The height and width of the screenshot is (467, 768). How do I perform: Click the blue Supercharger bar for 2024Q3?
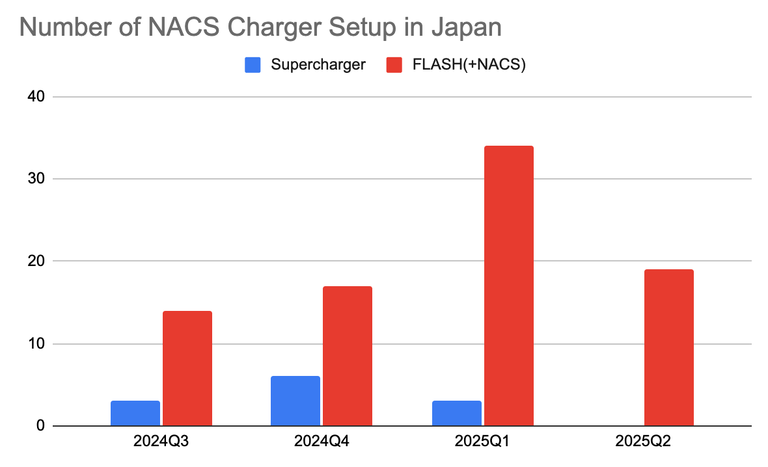click(x=135, y=414)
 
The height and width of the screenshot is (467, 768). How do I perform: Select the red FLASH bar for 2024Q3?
click(x=187, y=369)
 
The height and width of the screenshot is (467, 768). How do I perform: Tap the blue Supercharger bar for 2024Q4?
click(x=295, y=401)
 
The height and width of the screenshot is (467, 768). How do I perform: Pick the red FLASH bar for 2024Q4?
click(x=348, y=356)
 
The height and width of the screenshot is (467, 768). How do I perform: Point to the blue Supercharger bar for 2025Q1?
click(x=456, y=414)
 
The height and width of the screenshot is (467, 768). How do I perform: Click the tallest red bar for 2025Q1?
click(x=508, y=286)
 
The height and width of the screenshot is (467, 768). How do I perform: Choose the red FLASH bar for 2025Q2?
click(x=668, y=348)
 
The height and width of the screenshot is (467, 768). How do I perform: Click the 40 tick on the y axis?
click(x=36, y=97)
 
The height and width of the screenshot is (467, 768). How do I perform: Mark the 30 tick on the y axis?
click(x=36, y=179)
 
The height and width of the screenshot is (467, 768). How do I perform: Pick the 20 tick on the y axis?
click(x=36, y=261)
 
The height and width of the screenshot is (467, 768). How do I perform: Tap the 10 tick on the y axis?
click(x=36, y=344)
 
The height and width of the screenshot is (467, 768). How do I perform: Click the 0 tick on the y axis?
click(x=40, y=426)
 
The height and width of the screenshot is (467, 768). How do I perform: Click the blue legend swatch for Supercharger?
click(x=253, y=65)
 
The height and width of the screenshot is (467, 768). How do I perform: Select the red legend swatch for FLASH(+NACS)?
click(x=394, y=65)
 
